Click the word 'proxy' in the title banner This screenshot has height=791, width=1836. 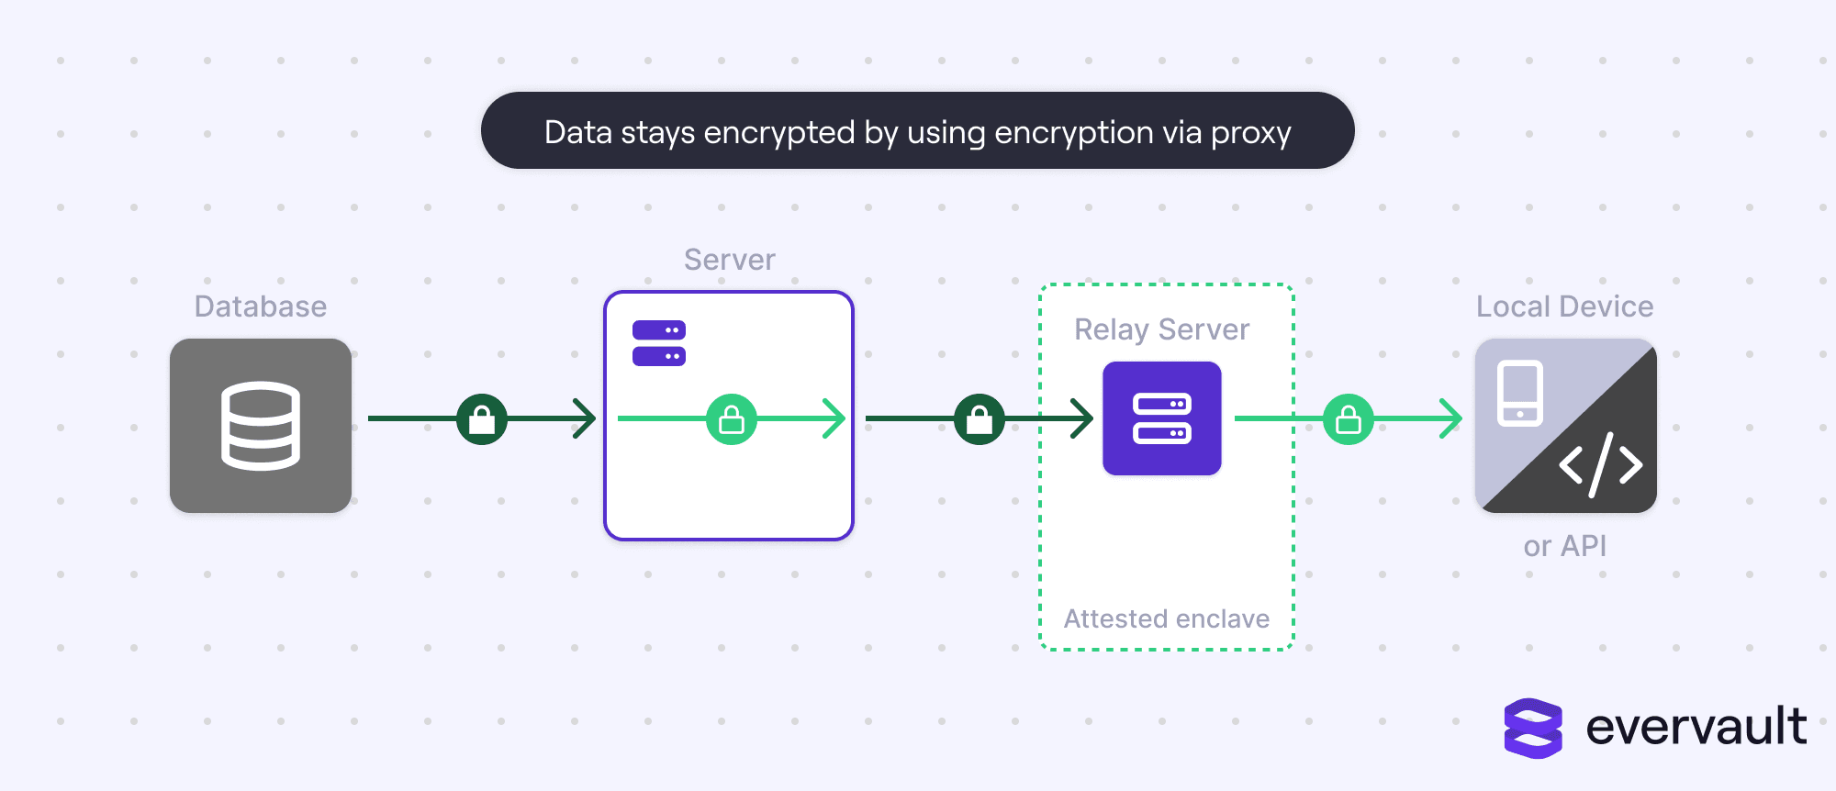(1250, 134)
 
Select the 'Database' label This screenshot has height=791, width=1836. (261, 306)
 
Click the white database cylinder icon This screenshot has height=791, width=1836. (261, 426)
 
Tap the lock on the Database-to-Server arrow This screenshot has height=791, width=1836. (482, 419)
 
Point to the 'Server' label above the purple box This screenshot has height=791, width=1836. (730, 260)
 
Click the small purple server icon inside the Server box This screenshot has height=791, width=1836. (659, 343)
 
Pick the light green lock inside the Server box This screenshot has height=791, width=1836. (732, 419)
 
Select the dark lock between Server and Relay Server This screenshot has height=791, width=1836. (980, 419)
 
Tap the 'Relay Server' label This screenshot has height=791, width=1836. (1162, 329)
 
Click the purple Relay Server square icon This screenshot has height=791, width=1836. (1162, 418)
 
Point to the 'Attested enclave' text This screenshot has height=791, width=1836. (1167, 618)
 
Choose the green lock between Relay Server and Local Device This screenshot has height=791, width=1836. (1349, 419)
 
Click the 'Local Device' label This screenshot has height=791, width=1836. (1565, 306)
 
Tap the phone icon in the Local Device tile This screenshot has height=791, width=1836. (1520, 394)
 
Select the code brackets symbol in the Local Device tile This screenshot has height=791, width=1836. (1601, 465)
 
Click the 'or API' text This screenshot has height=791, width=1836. (1565, 546)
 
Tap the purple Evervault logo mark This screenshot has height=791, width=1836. (1533, 729)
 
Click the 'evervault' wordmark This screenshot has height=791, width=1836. (1696, 727)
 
